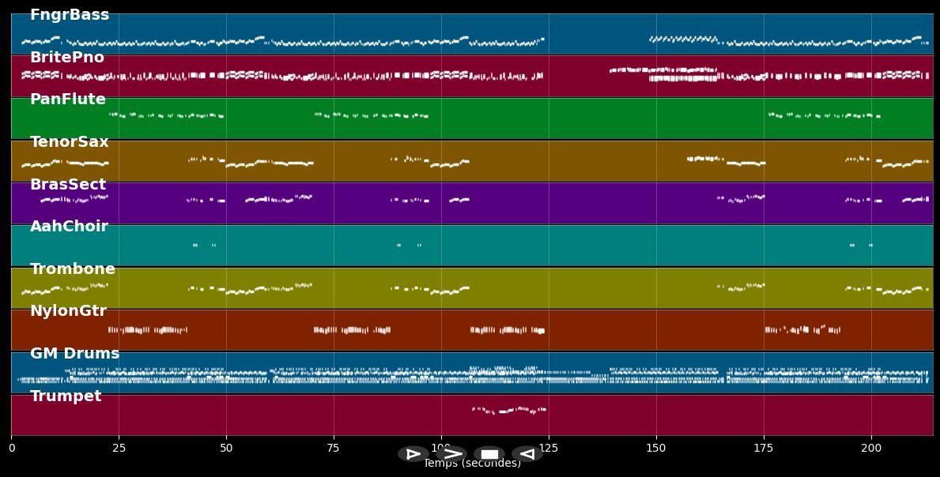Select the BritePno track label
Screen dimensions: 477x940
click(x=67, y=58)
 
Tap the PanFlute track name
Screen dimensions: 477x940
click(x=68, y=100)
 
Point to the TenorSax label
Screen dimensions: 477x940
click(x=70, y=142)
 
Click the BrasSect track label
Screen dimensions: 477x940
click(x=68, y=185)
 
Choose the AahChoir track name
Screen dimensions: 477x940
click(x=69, y=227)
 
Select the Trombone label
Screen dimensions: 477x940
click(x=73, y=269)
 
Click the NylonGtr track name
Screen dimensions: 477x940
click(x=68, y=311)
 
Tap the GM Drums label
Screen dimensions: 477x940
click(x=75, y=354)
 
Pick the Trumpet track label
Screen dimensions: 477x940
click(x=66, y=396)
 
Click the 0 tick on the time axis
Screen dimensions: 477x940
click(x=12, y=449)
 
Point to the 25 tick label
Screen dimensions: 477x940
click(x=119, y=449)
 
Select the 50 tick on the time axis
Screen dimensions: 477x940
click(x=226, y=449)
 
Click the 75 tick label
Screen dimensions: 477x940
click(x=334, y=449)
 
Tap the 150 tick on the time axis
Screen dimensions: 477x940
click(x=656, y=449)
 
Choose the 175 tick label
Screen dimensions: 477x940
click(x=764, y=449)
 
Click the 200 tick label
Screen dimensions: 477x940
click(x=871, y=449)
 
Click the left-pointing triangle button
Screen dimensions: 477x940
click(x=527, y=454)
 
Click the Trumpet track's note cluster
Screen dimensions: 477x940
click(x=509, y=410)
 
